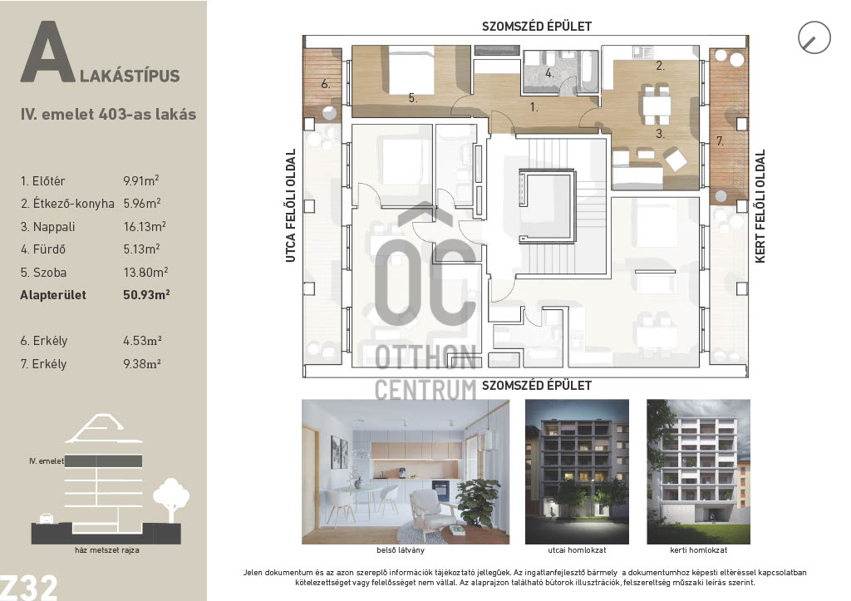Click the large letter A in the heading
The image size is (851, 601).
click(x=47, y=52)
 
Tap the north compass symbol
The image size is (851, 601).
click(x=814, y=37)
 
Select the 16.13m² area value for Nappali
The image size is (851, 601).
click(x=145, y=226)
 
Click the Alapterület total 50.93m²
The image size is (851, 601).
click(x=146, y=295)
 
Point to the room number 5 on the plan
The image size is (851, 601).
click(x=413, y=98)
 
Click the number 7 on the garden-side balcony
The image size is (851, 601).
click(x=720, y=141)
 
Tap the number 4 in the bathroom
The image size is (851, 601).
click(x=550, y=73)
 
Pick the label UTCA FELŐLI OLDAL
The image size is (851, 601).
click(x=291, y=206)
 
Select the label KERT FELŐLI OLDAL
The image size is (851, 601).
click(x=760, y=206)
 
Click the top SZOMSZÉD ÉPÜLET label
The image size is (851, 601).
click(x=537, y=26)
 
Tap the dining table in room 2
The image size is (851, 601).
click(x=657, y=104)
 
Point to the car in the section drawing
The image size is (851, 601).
click(x=47, y=519)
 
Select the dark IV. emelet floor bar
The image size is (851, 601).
click(x=103, y=461)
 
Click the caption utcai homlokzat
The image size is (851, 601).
click(x=577, y=550)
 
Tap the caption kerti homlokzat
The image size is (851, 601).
click(x=698, y=550)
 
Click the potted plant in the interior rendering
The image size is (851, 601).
click(x=480, y=503)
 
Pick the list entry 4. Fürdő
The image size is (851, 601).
click(x=43, y=249)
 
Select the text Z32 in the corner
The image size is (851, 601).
click(x=29, y=587)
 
